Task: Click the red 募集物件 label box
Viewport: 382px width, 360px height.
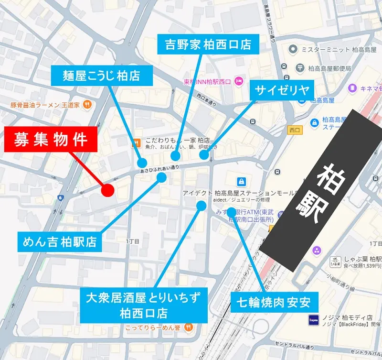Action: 51,140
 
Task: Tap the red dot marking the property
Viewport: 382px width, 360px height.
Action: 108,190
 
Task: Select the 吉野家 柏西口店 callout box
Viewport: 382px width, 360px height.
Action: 208,45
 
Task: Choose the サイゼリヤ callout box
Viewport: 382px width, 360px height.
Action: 282,90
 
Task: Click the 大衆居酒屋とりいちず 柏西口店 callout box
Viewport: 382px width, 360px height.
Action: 143,305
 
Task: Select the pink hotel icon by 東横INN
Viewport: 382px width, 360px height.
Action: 239,81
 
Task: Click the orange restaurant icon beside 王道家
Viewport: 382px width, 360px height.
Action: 87,104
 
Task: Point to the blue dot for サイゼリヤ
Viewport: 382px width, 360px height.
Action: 204,155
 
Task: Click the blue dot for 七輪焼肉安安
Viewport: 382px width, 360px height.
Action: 232,211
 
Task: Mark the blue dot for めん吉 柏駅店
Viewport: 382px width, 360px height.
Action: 161,177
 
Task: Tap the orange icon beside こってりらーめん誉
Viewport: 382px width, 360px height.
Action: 189,327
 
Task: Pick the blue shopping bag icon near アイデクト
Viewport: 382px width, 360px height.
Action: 241,182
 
